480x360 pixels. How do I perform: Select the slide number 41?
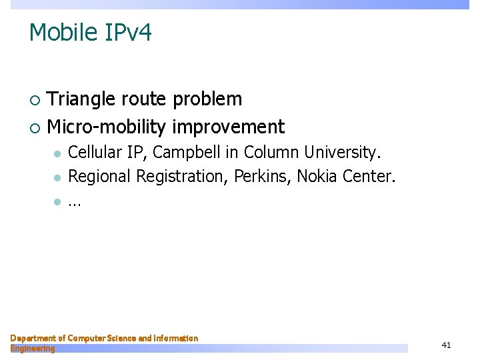[447, 345]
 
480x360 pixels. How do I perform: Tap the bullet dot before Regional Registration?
[58, 177]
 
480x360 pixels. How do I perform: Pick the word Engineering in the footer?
[33, 349]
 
